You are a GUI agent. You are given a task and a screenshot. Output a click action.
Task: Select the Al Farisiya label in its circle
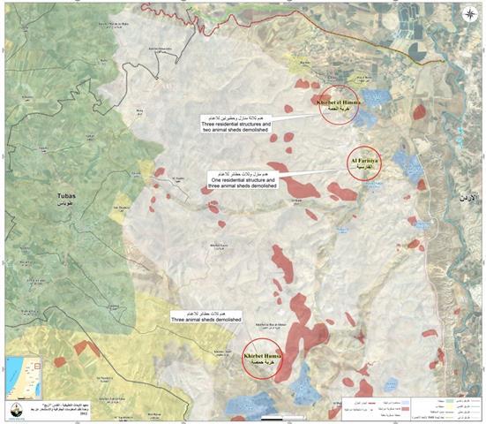(363, 159)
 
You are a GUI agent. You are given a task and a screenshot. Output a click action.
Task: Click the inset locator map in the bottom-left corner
(23, 377)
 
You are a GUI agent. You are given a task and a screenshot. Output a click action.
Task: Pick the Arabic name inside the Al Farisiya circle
(363, 166)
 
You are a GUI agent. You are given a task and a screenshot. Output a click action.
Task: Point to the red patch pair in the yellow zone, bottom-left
(86, 349)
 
